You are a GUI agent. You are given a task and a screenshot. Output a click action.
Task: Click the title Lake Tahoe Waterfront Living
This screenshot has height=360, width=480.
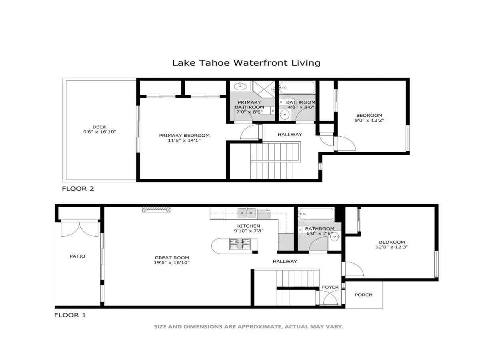pos(246,63)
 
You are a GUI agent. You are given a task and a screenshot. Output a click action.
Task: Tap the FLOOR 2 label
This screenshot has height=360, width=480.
pos(78,189)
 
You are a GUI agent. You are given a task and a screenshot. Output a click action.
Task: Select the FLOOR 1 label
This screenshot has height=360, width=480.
pos(70,315)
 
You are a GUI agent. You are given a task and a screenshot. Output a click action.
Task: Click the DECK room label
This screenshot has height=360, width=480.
pos(100,127)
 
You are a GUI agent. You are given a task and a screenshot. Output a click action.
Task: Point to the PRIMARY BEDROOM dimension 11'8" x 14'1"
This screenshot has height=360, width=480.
pos(184,140)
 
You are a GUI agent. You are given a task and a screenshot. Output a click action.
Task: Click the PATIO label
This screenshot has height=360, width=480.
pos(78,256)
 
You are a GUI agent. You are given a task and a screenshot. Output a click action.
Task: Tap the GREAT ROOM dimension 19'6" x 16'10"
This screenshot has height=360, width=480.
pos(172,262)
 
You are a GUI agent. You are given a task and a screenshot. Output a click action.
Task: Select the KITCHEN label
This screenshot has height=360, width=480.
pos(249,226)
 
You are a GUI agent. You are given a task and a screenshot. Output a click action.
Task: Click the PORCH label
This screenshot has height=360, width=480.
pos(364,295)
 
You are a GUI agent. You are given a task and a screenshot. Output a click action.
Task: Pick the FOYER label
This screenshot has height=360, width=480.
pos(330,287)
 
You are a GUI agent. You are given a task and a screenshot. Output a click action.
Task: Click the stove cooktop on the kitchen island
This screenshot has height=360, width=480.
pos(240,244)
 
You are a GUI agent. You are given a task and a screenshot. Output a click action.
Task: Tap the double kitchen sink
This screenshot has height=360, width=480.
pos(246,213)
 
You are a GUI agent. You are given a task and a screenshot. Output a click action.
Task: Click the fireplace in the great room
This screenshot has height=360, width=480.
pos(156,210)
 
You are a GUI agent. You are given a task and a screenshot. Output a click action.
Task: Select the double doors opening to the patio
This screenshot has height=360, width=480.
pos(80,229)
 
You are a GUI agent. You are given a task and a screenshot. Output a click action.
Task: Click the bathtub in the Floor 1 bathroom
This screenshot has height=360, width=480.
pos(316,214)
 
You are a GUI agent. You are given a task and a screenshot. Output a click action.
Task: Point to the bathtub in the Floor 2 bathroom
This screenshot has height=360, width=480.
pos(298,88)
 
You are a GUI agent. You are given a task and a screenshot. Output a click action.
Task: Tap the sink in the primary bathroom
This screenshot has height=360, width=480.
pos(240,86)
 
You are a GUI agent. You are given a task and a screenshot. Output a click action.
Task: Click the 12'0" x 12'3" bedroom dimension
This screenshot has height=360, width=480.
pos(392,247)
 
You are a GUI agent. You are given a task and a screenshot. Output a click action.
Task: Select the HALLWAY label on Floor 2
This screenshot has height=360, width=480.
pos(290,134)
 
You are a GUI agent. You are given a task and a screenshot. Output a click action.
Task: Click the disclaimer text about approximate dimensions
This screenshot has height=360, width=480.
pos(249,326)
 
